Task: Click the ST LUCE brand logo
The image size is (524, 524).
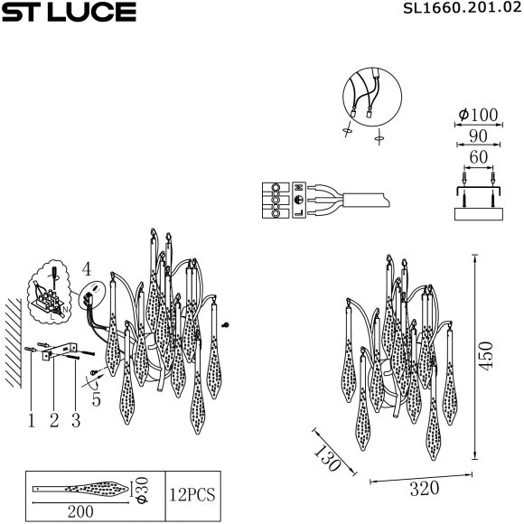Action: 69,12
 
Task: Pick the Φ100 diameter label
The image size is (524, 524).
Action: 478,115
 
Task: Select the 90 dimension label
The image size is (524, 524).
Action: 478,136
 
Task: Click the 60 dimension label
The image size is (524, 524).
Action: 478,158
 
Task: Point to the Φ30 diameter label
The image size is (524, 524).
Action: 140,490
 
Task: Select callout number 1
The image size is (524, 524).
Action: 31,419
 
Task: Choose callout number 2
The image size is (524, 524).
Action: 53,419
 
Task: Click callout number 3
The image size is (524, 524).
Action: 76,419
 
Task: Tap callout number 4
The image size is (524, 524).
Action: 86,268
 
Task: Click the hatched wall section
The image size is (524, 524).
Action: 14,339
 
